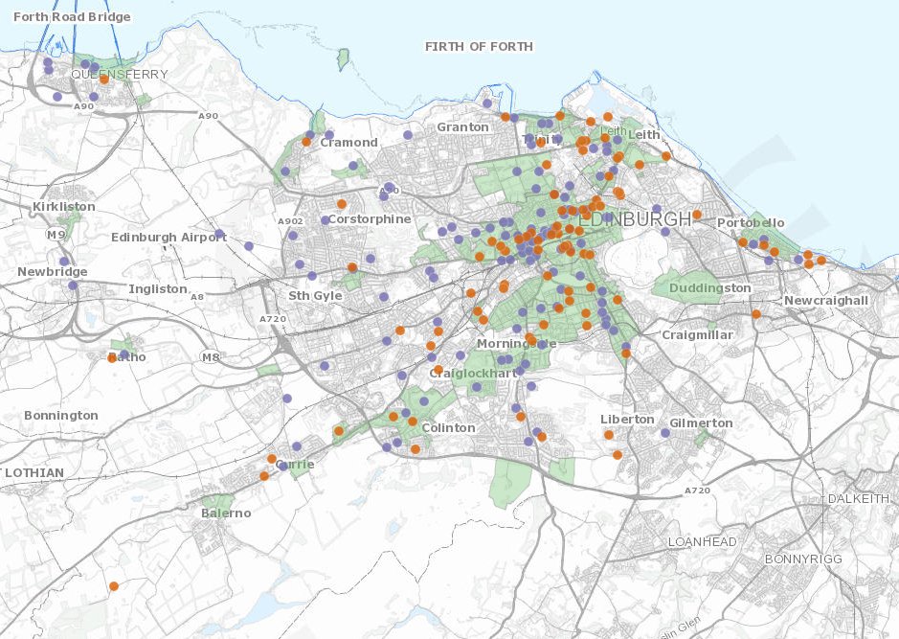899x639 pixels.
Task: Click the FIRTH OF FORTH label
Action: (x=479, y=46)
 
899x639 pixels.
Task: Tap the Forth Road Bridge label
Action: (x=65, y=17)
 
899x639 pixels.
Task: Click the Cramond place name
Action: (x=348, y=143)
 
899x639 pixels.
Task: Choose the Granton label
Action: (x=462, y=127)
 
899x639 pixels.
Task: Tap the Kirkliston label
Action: (x=63, y=207)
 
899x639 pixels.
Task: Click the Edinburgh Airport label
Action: (x=169, y=238)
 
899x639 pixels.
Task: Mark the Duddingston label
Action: (x=709, y=288)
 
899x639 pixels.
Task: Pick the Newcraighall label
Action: (x=825, y=301)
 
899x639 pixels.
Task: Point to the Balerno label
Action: (x=226, y=513)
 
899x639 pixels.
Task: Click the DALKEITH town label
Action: (x=859, y=499)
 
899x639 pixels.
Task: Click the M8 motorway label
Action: (x=211, y=357)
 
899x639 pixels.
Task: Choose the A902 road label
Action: (x=290, y=221)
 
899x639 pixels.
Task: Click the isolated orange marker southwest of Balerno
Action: (x=114, y=585)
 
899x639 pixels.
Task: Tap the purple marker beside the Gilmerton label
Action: (x=665, y=433)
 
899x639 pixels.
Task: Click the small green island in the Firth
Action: (x=343, y=61)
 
